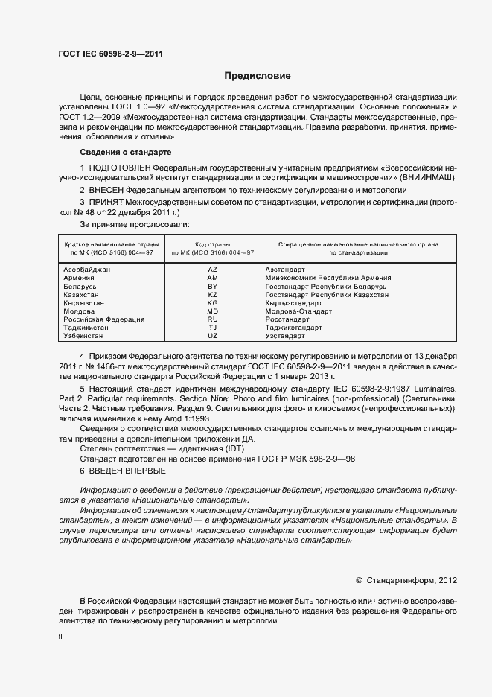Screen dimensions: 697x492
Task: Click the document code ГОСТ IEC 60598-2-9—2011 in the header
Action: coord(111,54)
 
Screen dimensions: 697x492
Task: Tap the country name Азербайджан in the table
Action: coord(87,269)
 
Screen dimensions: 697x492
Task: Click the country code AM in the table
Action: coord(213,278)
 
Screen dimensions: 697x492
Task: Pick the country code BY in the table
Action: coord(213,286)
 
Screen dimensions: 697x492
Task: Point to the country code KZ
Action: coord(213,295)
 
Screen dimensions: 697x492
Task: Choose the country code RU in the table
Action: coord(213,319)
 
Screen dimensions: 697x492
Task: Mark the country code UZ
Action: coord(213,336)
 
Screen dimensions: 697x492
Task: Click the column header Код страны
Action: coord(213,244)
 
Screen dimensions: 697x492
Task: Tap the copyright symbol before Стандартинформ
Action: coord(359,579)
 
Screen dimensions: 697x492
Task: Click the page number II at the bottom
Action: coord(60,637)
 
